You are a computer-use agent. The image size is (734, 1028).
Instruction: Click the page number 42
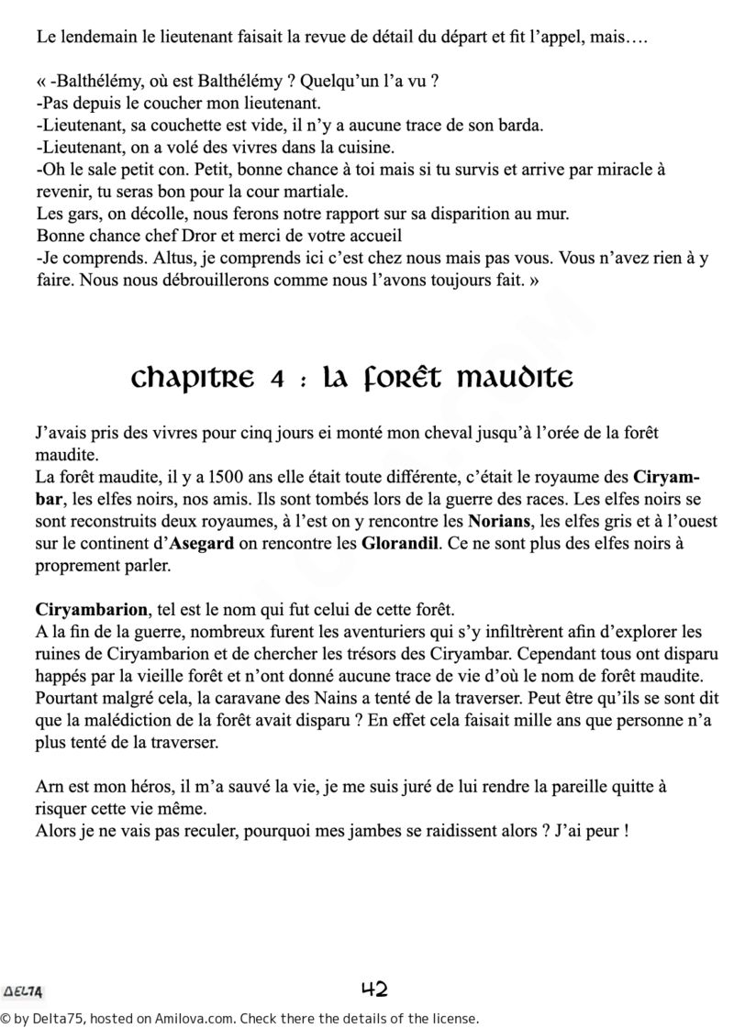click(374, 989)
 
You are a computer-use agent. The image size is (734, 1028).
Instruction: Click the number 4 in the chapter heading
click(276, 378)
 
